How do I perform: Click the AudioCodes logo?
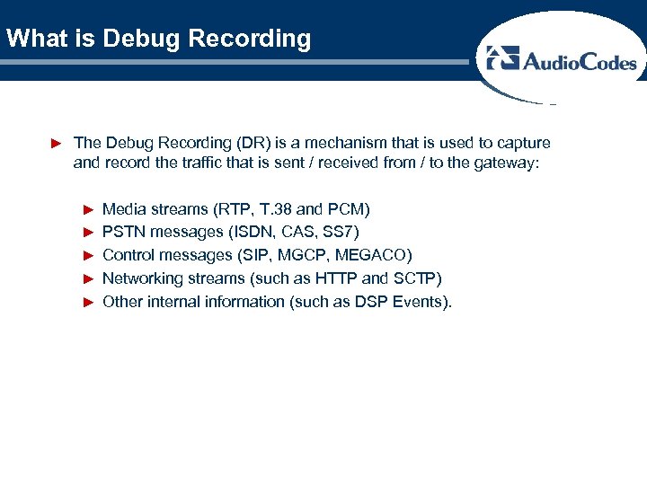click(561, 61)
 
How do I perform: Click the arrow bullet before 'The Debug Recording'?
click(56, 143)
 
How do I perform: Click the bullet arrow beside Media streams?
click(88, 209)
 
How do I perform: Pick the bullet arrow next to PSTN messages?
click(88, 233)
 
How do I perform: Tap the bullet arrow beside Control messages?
click(88, 256)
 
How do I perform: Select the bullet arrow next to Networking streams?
click(88, 278)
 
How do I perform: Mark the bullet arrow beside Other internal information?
click(88, 302)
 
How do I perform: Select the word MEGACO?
click(373, 256)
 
